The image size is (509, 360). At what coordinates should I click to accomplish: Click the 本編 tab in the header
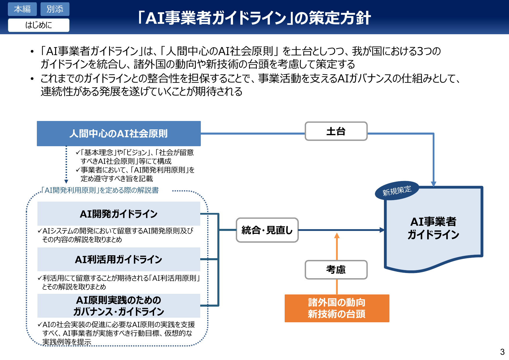(22, 9)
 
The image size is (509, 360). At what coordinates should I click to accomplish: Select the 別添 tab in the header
(55, 9)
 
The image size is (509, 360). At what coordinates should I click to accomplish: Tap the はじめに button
(39, 25)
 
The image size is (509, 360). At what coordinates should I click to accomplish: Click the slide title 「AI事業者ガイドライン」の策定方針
(254, 18)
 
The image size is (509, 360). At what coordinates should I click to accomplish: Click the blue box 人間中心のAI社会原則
(119, 133)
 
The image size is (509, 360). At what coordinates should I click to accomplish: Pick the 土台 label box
(336, 131)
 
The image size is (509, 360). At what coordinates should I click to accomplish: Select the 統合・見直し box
(267, 230)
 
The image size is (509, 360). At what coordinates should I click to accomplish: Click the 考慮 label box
(336, 269)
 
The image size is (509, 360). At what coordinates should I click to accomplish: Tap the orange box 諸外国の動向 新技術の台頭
(337, 308)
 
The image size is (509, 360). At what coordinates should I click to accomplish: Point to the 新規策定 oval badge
(397, 191)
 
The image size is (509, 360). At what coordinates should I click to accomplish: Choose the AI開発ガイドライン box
(119, 214)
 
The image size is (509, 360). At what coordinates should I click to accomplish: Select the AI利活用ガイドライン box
(119, 259)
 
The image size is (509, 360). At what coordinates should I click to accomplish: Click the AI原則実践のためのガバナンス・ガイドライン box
(119, 306)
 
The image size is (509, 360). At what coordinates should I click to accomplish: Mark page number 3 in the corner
(502, 352)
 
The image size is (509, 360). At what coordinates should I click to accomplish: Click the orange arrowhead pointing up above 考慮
(337, 236)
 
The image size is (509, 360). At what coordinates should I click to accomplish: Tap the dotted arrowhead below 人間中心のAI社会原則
(66, 181)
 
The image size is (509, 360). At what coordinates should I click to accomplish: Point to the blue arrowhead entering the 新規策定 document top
(434, 184)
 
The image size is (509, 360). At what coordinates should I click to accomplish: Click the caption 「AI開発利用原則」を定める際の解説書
(100, 190)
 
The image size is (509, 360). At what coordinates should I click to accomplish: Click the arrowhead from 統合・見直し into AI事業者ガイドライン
(382, 230)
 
